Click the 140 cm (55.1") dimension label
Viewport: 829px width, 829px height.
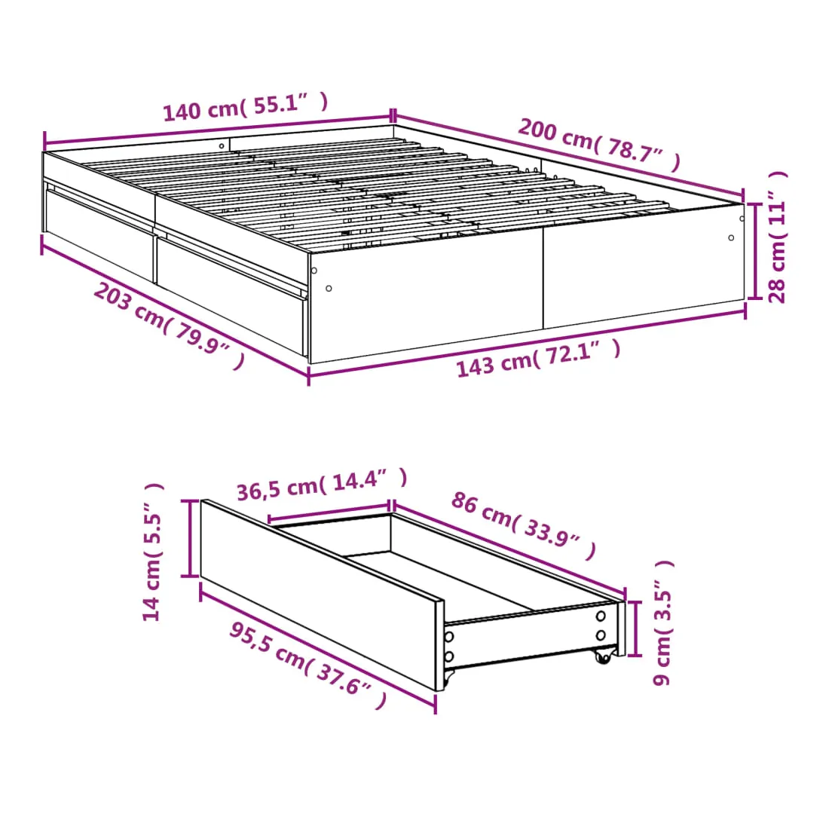point(246,107)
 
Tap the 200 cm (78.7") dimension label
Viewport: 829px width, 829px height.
point(599,145)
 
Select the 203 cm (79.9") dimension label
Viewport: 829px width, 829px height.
point(169,325)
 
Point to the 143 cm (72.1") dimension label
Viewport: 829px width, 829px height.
point(538,359)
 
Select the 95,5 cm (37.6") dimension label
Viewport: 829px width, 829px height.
point(308,665)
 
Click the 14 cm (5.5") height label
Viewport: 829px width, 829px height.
point(153,552)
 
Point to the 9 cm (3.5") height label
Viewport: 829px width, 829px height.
point(663,623)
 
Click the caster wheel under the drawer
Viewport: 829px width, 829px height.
point(602,656)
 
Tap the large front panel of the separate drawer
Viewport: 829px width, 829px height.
point(322,595)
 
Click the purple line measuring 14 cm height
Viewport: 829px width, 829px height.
point(189,538)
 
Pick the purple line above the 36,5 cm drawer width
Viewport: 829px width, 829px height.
point(329,512)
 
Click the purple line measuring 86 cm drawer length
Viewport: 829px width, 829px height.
point(509,549)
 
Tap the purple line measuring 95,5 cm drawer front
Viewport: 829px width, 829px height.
point(318,648)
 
